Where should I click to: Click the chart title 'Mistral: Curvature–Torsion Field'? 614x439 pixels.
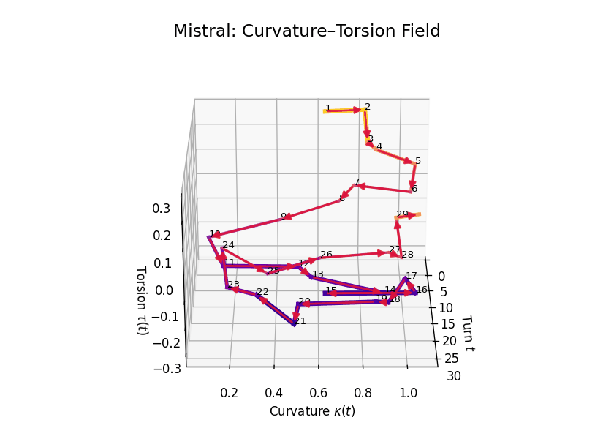pos(307,31)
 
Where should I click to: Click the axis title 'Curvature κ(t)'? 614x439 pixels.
pos(312,411)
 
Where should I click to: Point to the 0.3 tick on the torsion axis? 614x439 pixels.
pos(162,209)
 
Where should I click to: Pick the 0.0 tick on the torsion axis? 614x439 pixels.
pos(164,290)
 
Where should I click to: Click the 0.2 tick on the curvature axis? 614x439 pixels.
pos(230,393)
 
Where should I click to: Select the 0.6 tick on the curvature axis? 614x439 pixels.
pos(319,393)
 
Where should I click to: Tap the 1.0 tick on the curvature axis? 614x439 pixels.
pos(408,393)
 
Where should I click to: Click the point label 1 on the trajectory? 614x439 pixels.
pos(328,108)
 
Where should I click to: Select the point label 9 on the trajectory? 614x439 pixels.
pos(284,217)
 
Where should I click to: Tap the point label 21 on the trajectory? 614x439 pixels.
pos(300,321)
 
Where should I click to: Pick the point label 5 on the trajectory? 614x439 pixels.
pos(418,161)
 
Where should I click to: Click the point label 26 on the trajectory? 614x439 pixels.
pos(326,255)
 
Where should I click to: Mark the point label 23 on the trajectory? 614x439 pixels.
pos(234,285)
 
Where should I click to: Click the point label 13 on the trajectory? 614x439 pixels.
pos(317,274)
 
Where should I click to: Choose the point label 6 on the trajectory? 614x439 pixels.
pos(414,189)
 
